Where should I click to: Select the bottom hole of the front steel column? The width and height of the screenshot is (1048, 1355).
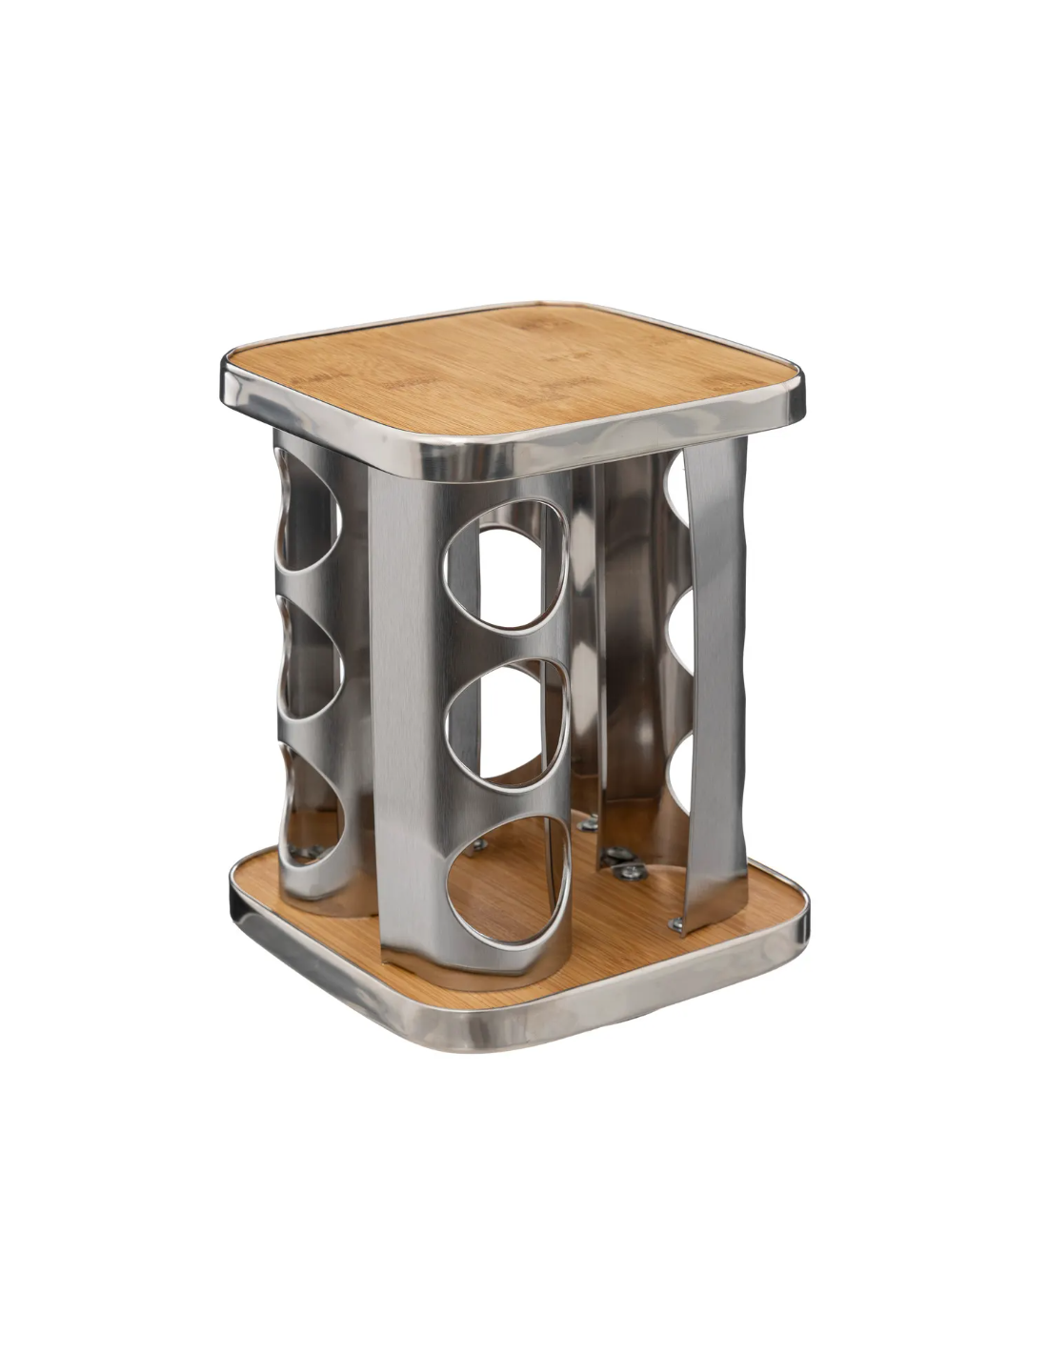(x=509, y=880)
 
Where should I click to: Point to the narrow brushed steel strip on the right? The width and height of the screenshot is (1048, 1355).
(x=715, y=686)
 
